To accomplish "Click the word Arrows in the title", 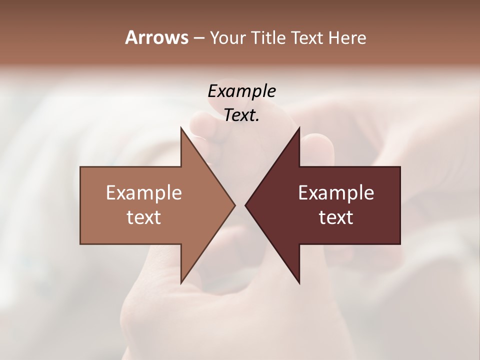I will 156,37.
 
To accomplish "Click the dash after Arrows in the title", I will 198,38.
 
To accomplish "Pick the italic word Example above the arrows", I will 241,91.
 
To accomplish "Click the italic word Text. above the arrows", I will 241,115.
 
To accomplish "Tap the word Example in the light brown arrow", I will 144,192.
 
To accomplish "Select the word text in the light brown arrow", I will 144,217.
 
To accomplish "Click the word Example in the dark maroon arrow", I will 336,192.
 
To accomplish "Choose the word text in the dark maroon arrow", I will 336,217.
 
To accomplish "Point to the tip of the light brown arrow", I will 234,205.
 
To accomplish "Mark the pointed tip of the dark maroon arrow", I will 246,205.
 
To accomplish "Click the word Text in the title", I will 306,37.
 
